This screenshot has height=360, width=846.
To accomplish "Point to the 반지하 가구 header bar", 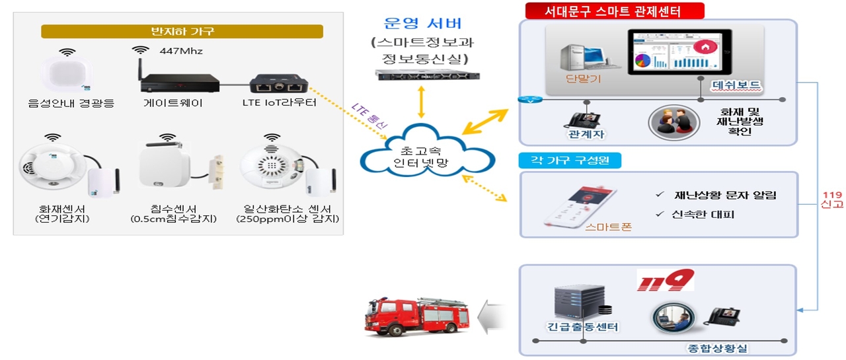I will pyautogui.click(x=182, y=31).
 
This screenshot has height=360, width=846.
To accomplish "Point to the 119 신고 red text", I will pyautogui.click(x=832, y=199).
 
